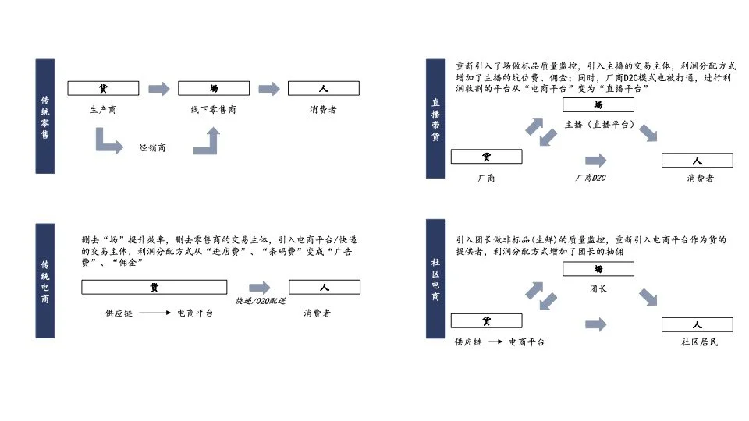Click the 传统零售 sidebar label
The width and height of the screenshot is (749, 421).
(45, 116)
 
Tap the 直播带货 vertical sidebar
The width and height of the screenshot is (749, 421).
(435, 119)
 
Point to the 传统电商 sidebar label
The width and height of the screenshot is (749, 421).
(45, 281)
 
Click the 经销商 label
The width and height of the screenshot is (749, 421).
(152, 147)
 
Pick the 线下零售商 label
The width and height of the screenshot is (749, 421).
(214, 110)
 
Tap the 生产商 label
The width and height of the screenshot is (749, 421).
(103, 110)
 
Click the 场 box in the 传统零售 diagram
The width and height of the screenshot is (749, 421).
(214, 89)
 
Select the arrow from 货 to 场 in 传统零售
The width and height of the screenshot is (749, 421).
(158, 89)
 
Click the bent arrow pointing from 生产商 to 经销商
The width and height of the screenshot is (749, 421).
(108, 142)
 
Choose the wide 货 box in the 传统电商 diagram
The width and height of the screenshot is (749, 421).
(154, 288)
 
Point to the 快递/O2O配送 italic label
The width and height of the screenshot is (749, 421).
(261, 301)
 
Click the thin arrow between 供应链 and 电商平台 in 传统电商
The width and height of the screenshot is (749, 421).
(155, 313)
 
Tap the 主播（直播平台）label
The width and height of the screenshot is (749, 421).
(599, 125)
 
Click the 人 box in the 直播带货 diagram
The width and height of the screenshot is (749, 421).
(697, 161)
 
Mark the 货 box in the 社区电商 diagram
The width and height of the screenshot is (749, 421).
(487, 321)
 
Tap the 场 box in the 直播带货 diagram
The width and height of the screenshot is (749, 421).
(598, 105)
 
